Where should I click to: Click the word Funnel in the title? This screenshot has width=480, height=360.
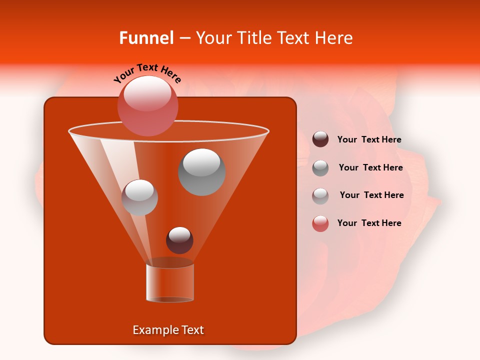[x=146, y=38]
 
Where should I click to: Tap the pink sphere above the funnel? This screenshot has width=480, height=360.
[x=148, y=106]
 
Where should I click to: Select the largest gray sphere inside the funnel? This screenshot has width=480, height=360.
[x=202, y=172]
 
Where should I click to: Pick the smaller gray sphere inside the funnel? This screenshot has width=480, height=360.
[x=140, y=197]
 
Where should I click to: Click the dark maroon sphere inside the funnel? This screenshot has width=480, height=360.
[x=179, y=240]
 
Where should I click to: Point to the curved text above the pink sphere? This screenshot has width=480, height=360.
[x=147, y=73]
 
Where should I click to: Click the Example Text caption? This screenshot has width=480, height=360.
[x=168, y=330]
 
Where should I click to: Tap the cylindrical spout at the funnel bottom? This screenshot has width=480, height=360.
[x=170, y=283]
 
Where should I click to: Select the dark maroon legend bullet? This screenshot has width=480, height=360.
[x=320, y=139]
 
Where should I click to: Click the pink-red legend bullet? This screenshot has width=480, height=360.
[x=320, y=223]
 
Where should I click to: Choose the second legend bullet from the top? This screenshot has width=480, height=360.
[x=320, y=167]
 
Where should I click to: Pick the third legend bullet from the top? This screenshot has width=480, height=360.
[x=320, y=195]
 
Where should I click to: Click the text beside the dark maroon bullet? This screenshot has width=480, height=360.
[x=369, y=139]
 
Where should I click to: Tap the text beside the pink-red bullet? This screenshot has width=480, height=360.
[x=369, y=223]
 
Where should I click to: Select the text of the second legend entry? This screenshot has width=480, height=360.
[x=370, y=167]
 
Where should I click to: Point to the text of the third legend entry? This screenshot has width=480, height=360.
[x=371, y=195]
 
